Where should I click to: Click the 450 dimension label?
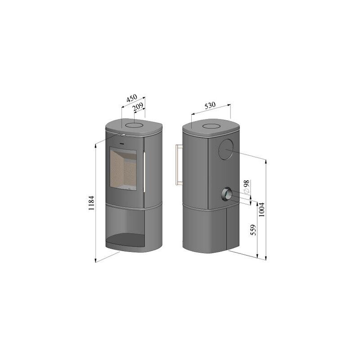pos(132,98)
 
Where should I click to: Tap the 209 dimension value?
pos(138,107)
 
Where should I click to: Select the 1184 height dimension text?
pos(91,203)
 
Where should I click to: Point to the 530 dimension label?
pos(210,106)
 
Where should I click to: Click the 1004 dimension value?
pos(261,210)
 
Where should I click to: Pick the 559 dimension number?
pos(253,230)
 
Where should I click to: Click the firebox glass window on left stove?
pos(123,169)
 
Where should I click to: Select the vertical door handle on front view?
pos(144,172)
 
